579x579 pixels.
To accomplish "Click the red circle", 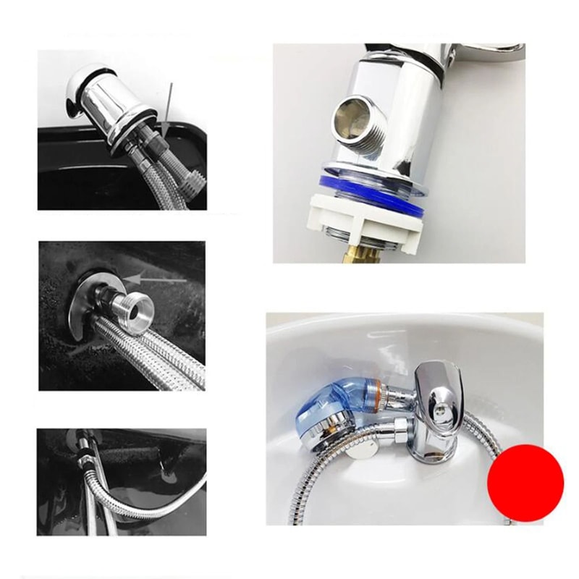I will click(x=525, y=481).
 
